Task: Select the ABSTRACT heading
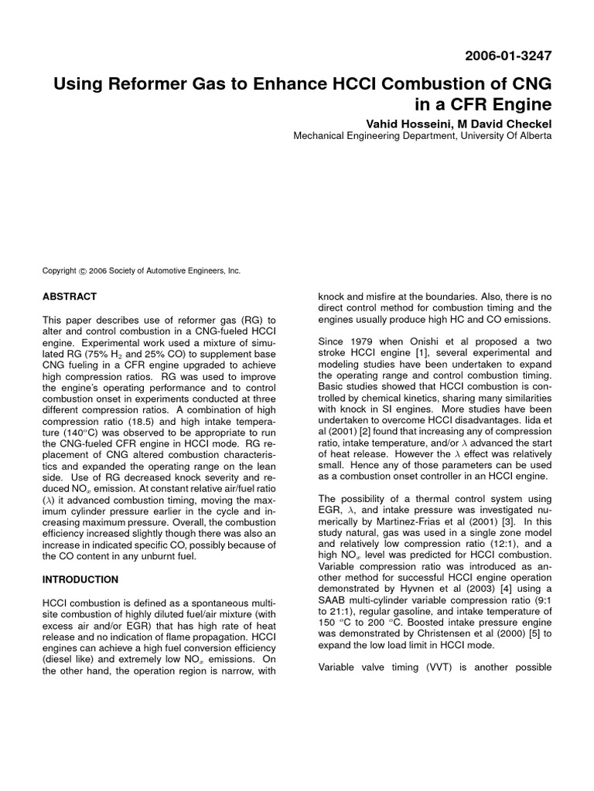(x=70, y=297)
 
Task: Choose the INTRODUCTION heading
(x=80, y=579)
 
